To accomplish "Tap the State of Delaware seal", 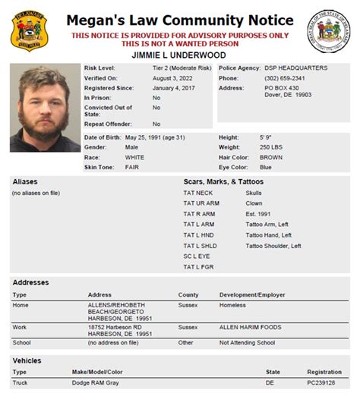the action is [x=329, y=31].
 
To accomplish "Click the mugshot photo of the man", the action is [x=44, y=107].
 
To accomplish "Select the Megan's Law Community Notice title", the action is [x=180, y=21].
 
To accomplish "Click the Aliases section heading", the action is [x=25, y=182].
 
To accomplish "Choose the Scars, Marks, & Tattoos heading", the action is [x=223, y=182].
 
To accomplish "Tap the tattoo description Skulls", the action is [x=254, y=193].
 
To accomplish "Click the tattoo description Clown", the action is [x=254, y=204].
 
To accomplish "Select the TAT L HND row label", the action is [x=199, y=235].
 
